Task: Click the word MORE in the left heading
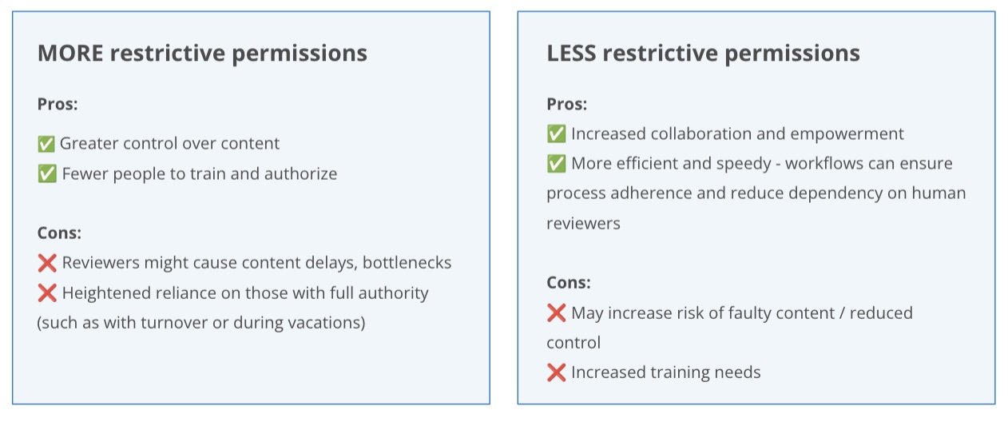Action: (x=70, y=53)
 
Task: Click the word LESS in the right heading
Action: (x=571, y=53)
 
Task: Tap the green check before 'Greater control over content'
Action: (x=46, y=144)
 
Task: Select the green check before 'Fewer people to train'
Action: (x=47, y=174)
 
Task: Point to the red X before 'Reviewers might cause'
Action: (x=47, y=263)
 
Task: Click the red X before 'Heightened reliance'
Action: (x=47, y=293)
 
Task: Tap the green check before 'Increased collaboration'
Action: (x=556, y=133)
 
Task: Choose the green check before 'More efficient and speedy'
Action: (x=556, y=164)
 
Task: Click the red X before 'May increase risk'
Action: (x=556, y=313)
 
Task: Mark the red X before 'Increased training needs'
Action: (x=556, y=372)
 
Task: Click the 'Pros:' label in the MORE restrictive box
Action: (x=58, y=104)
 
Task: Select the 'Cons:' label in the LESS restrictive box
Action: (x=569, y=282)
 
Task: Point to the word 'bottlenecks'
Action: (x=407, y=263)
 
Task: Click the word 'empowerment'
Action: (x=847, y=134)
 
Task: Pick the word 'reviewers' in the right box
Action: (x=583, y=223)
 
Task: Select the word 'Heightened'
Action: (x=107, y=293)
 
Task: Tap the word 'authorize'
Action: (x=300, y=174)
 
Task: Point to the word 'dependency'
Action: (x=835, y=193)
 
